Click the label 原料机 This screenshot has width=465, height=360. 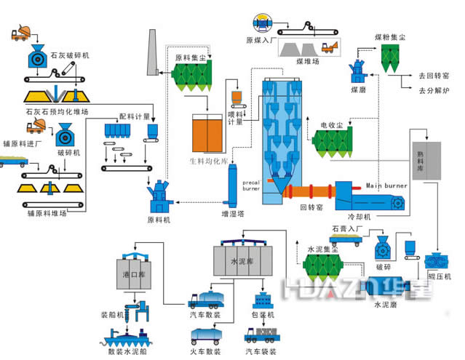pos(159,219)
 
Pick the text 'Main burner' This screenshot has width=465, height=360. pos(383,185)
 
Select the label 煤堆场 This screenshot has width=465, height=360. pos(309,63)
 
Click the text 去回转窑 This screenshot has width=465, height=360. pos(434,76)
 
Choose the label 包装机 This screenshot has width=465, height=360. pos(263,315)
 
